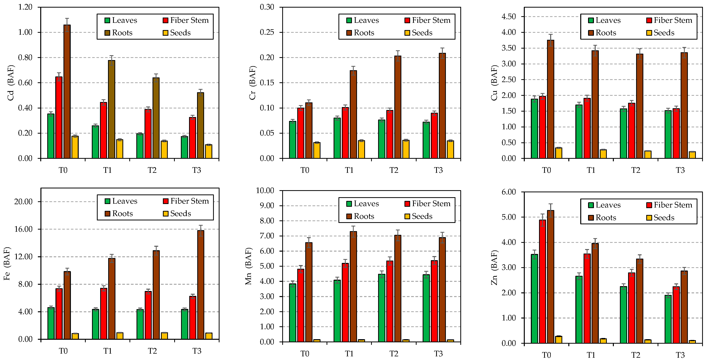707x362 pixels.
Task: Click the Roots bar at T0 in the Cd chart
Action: click(67, 92)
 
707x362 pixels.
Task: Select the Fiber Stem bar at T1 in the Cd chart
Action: click(104, 130)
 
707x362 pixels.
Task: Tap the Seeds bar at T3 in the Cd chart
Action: click(209, 152)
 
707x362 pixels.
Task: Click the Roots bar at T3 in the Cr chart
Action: click(442, 106)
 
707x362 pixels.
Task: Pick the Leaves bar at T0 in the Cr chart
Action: click(293, 140)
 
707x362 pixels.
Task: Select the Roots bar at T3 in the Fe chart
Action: click(201, 285)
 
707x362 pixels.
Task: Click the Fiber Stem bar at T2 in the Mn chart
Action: click(390, 301)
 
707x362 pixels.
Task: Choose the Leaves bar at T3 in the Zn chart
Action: click(668, 319)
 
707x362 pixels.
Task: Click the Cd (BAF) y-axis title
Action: click(10, 83)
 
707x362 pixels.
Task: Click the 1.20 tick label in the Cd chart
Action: click(25, 7)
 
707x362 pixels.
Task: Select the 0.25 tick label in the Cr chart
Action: click(267, 32)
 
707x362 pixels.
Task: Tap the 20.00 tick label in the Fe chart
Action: click(23, 202)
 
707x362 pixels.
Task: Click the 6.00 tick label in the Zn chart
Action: click(509, 192)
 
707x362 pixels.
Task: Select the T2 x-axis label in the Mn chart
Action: click(394, 354)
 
